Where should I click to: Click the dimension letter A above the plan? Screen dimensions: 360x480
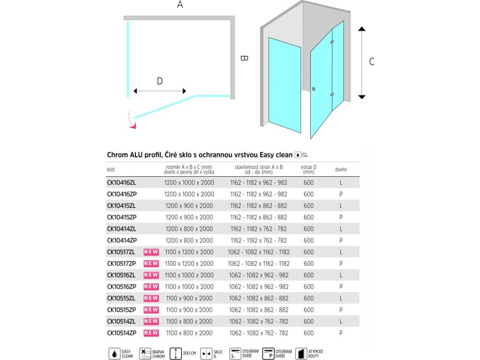[180, 5]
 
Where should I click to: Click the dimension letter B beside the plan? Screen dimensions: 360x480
[244, 59]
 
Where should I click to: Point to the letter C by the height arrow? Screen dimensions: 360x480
[372, 61]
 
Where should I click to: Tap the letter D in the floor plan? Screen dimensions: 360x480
[159, 81]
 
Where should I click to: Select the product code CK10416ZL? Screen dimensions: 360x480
[121, 183]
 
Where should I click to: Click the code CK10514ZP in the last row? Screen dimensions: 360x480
[121, 333]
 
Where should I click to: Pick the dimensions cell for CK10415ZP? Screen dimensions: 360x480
[189, 217]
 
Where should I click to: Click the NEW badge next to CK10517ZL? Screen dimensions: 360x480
[151, 252]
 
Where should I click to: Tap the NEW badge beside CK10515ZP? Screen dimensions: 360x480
[151, 310]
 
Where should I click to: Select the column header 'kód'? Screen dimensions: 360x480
[111, 170]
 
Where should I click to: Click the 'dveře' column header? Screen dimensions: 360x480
[341, 170]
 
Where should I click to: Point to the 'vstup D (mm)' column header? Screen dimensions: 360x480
[308, 170]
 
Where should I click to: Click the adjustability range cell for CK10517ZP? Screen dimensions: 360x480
[259, 264]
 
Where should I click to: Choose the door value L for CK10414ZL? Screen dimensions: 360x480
[341, 229]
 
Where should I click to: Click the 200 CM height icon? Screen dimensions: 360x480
[174, 353]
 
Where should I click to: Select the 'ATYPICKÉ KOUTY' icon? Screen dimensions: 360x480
[300, 353]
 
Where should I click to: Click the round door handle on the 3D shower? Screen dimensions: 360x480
[314, 89]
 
